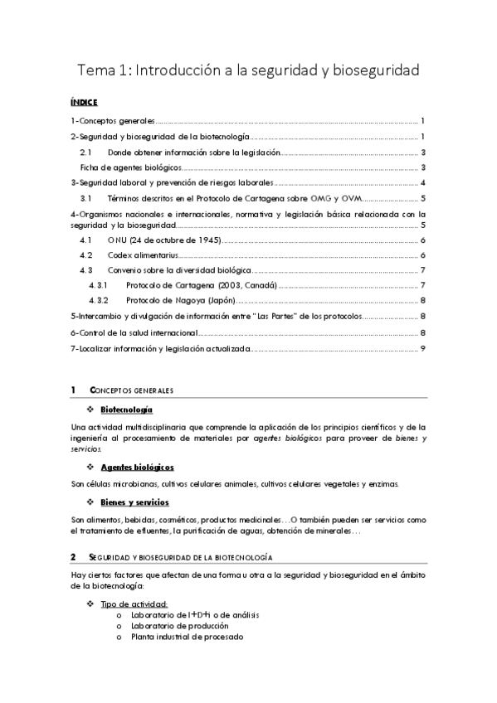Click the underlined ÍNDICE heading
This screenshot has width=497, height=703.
click(85, 103)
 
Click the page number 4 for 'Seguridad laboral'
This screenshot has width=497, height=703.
click(423, 183)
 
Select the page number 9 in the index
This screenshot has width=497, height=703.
click(423, 348)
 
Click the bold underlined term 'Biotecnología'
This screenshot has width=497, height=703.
click(126, 410)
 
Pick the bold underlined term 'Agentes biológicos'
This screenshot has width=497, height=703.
click(137, 468)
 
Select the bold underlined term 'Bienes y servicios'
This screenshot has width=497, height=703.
click(134, 502)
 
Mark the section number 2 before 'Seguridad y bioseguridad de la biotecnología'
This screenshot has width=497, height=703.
click(73, 556)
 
